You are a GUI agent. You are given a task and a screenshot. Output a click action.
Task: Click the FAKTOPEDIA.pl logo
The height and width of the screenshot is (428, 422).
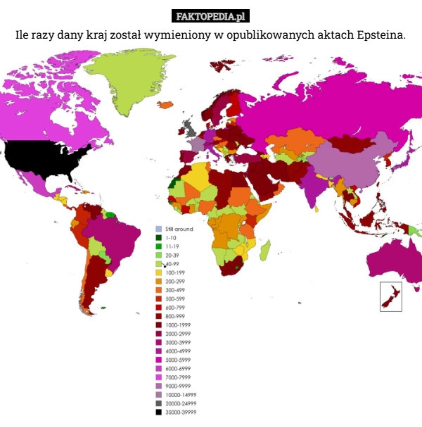(x=210, y=16)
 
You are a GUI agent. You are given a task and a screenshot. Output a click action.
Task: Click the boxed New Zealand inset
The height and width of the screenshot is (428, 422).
(x=390, y=296)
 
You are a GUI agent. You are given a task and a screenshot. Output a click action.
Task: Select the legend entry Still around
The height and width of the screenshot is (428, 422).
(x=179, y=229)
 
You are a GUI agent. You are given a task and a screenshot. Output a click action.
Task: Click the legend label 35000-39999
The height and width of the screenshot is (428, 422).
(x=181, y=413)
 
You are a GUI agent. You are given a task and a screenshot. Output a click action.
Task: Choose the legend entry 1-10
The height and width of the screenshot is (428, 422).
(x=170, y=238)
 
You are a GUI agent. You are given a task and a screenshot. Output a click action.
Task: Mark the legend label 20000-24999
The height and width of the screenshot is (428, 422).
(x=181, y=403)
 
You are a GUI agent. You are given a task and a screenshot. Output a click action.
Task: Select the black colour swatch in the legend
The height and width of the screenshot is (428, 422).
(x=159, y=413)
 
